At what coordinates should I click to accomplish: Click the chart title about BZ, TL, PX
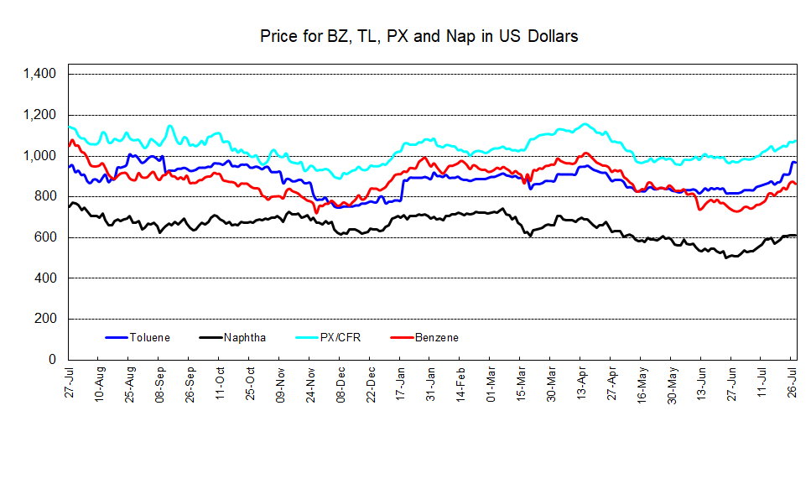pyautogui.click(x=418, y=37)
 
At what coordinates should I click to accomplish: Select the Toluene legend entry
pyautogui.click(x=149, y=338)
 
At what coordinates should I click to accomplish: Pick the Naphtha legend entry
pyautogui.click(x=245, y=338)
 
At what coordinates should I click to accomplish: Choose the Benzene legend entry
pyautogui.click(x=436, y=338)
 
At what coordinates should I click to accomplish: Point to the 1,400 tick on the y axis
pyautogui.click(x=40, y=75)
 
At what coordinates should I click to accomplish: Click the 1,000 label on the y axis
pyautogui.click(x=40, y=156)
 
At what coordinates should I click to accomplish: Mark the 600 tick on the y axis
pyautogui.click(x=46, y=237)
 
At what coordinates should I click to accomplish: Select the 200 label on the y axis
pyautogui.click(x=46, y=319)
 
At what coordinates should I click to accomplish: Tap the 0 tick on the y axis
pyautogui.click(x=53, y=360)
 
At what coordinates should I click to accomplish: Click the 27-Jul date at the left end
pyautogui.click(x=70, y=382)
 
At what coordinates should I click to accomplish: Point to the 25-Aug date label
pyautogui.click(x=131, y=382)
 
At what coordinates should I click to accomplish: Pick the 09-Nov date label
pyautogui.click(x=281, y=382)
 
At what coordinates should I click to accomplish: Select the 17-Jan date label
pyautogui.click(x=401, y=382)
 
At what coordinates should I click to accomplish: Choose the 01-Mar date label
pyautogui.click(x=491, y=382)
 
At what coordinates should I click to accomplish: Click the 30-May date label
pyautogui.click(x=672, y=382)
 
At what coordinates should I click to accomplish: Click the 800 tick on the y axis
pyautogui.click(x=46, y=197)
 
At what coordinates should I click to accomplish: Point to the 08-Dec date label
pyautogui.click(x=341, y=382)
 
